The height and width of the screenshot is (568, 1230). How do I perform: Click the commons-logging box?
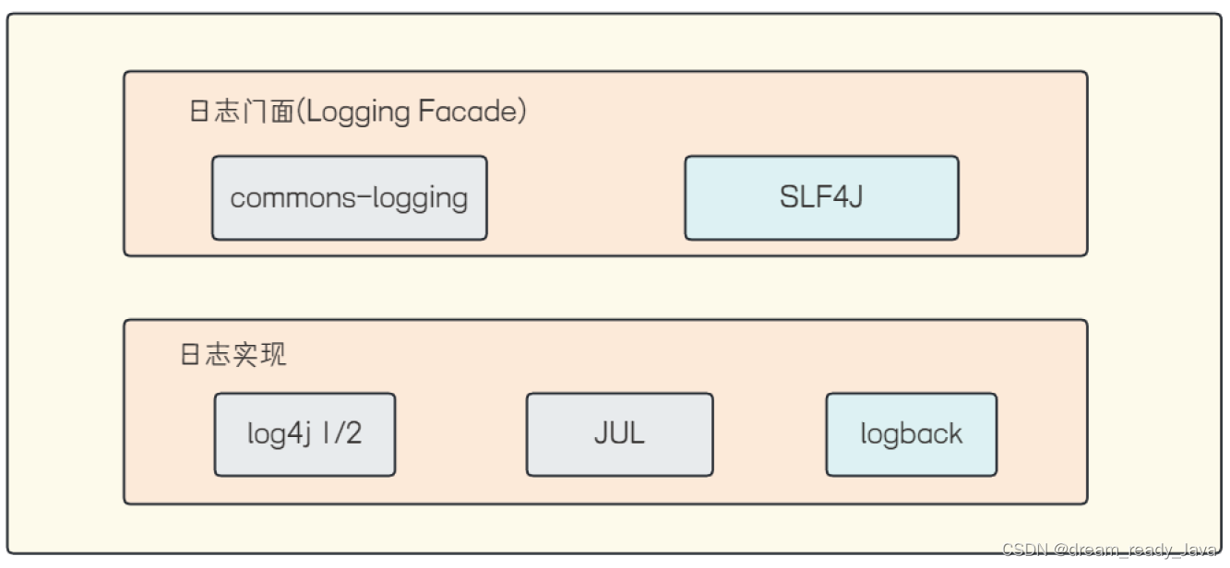[x=349, y=198]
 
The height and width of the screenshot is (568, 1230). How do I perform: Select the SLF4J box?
[x=821, y=198]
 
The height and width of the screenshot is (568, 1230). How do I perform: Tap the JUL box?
[x=619, y=434]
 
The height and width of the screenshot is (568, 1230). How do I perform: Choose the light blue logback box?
[x=911, y=434]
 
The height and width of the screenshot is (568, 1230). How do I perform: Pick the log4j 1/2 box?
[x=305, y=434]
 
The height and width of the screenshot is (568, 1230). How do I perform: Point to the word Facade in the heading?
[x=468, y=112]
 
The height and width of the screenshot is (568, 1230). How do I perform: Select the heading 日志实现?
[x=233, y=355]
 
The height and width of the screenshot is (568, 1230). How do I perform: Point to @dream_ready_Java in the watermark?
[x=1136, y=550]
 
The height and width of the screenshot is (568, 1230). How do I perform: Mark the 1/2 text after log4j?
[x=341, y=434]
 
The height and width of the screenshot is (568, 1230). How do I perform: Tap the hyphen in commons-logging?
[x=348, y=198]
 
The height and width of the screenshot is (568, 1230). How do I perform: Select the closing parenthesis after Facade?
[x=521, y=112]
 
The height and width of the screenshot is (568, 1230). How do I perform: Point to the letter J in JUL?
[x=601, y=433]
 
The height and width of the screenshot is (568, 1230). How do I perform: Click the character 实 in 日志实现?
[x=246, y=355]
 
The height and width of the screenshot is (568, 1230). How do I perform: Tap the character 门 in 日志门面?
[x=255, y=112]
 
